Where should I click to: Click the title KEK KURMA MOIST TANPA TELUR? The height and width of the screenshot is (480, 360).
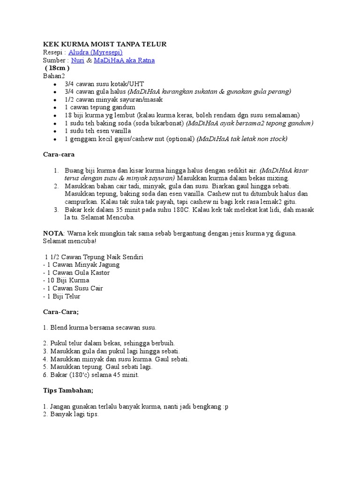tap(105, 44)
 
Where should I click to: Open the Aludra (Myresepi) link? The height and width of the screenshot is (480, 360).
tap(96, 52)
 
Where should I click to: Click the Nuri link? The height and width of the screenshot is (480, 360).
tap(78, 60)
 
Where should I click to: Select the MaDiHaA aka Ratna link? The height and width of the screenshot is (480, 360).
tap(124, 60)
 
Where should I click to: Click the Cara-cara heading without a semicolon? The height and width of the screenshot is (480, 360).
tap(59, 154)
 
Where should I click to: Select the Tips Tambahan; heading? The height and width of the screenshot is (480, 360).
tap(68, 390)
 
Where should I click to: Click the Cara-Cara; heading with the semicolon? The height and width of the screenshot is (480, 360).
tap(60, 312)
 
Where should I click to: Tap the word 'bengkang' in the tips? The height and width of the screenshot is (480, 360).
tap(204, 406)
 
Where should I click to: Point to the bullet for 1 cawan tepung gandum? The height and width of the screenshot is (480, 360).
tap(55, 107)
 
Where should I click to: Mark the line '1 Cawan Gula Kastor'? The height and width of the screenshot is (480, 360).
tap(77, 272)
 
